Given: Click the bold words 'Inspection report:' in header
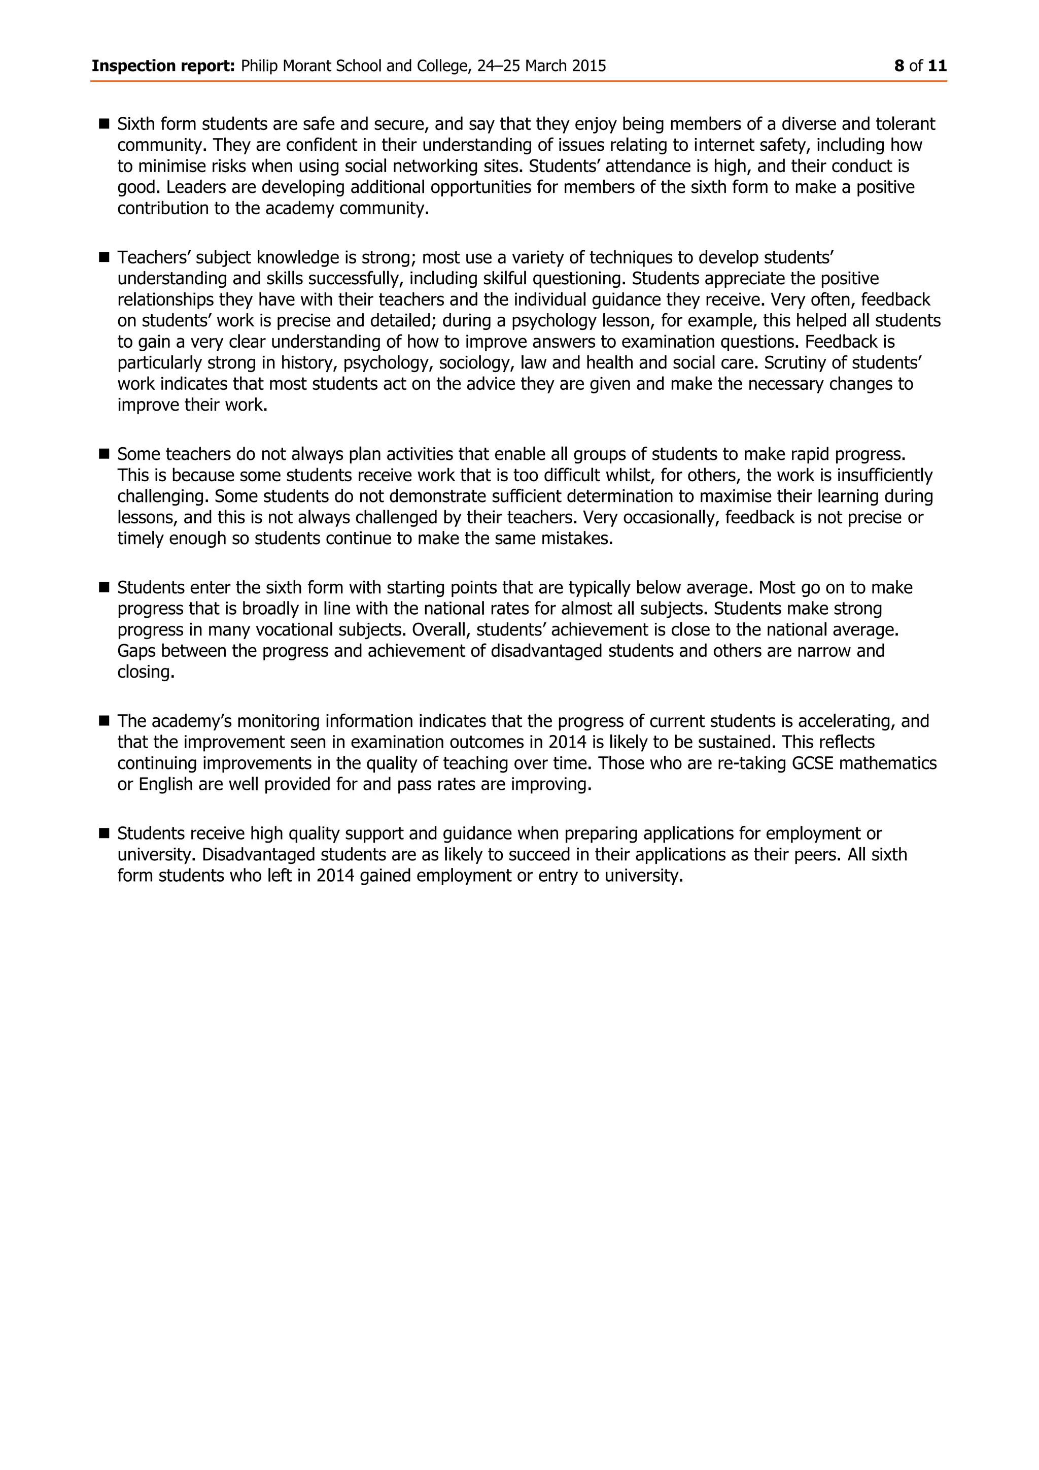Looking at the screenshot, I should click(163, 66).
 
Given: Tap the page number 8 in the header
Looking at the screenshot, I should click(899, 66).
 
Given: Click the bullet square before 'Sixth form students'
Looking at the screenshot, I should click(105, 123).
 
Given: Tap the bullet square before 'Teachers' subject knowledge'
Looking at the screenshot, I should click(105, 257).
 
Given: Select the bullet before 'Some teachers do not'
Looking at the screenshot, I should click(105, 454).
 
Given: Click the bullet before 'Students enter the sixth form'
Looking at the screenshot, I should click(105, 587).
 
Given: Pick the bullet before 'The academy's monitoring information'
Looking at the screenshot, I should click(105, 721).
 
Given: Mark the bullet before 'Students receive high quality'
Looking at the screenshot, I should click(105, 833).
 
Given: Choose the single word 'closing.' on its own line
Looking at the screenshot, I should click(146, 672).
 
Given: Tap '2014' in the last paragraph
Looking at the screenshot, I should click(335, 876).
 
